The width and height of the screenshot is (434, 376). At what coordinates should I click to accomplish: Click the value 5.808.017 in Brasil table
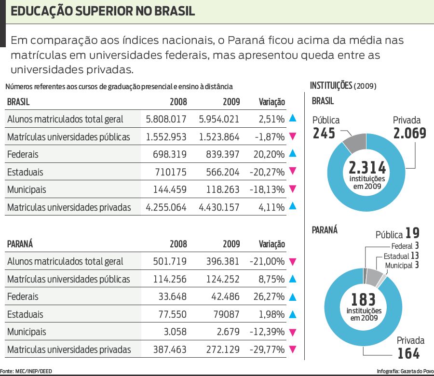(x=166, y=119)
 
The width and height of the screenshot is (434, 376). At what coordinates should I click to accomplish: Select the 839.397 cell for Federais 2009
(x=219, y=154)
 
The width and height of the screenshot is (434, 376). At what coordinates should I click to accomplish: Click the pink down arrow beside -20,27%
(x=292, y=172)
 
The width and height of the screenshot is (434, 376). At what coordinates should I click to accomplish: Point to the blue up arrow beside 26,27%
(x=292, y=296)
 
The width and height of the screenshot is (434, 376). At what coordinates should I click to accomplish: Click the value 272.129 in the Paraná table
(x=219, y=349)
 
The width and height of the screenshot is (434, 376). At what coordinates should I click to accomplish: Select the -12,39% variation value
(x=267, y=332)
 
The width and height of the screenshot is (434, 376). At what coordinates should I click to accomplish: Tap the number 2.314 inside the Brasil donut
(x=367, y=168)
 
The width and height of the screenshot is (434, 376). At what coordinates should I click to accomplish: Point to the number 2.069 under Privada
(x=409, y=133)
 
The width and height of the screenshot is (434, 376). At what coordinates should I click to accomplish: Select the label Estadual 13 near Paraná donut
(x=401, y=256)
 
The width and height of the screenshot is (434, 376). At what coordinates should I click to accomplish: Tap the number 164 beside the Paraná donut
(x=408, y=354)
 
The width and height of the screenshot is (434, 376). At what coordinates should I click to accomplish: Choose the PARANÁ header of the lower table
(x=20, y=244)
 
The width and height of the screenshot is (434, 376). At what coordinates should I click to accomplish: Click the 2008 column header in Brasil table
(x=178, y=102)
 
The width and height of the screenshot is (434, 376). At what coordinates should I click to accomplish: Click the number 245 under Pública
(x=324, y=133)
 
